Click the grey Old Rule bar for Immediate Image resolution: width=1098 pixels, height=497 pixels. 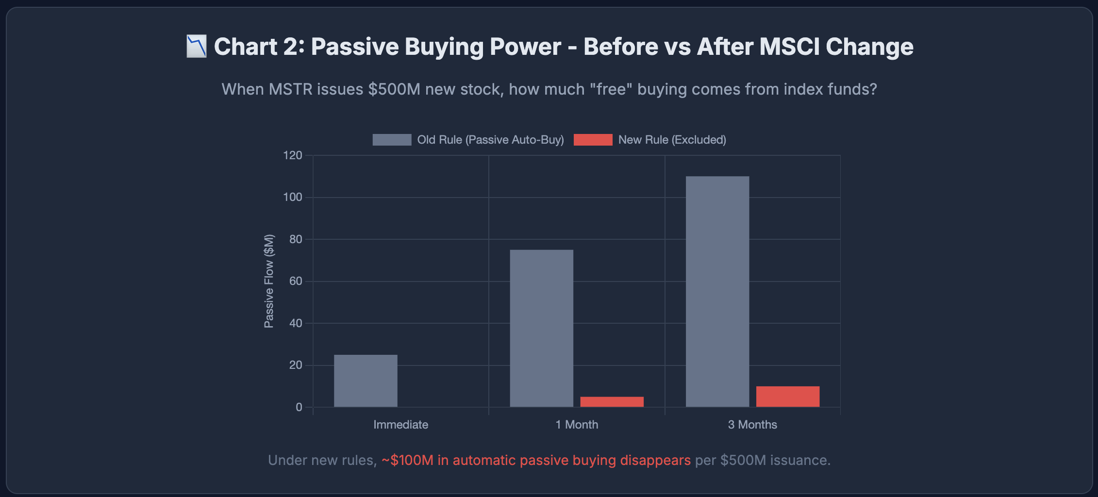[366, 381]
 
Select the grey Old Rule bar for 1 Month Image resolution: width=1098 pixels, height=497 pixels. [541, 329]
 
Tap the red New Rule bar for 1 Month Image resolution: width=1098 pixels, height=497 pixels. [612, 402]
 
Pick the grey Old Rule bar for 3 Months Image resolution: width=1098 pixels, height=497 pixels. [717, 292]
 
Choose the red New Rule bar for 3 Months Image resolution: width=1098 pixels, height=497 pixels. [787, 397]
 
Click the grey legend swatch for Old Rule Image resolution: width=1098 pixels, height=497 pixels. [392, 140]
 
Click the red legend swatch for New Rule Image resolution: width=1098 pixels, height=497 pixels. [593, 140]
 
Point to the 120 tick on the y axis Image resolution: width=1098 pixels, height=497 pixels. [292, 155]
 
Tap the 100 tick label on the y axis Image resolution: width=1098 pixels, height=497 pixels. [292, 197]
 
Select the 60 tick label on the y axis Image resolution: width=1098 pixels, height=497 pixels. [295, 281]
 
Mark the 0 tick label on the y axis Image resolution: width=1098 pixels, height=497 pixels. [299, 407]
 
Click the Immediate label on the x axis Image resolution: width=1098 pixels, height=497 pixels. [400, 425]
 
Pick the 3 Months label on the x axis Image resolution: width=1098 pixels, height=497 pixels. [752, 425]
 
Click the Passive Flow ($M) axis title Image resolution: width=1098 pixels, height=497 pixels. [269, 281]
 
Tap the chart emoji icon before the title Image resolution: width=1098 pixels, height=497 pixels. [197, 47]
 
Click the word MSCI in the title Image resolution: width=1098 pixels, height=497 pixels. [789, 47]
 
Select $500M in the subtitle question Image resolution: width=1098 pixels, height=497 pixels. [394, 89]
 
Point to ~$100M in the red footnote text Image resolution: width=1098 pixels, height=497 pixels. [408, 460]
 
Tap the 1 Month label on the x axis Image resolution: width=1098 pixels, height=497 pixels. [577, 425]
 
